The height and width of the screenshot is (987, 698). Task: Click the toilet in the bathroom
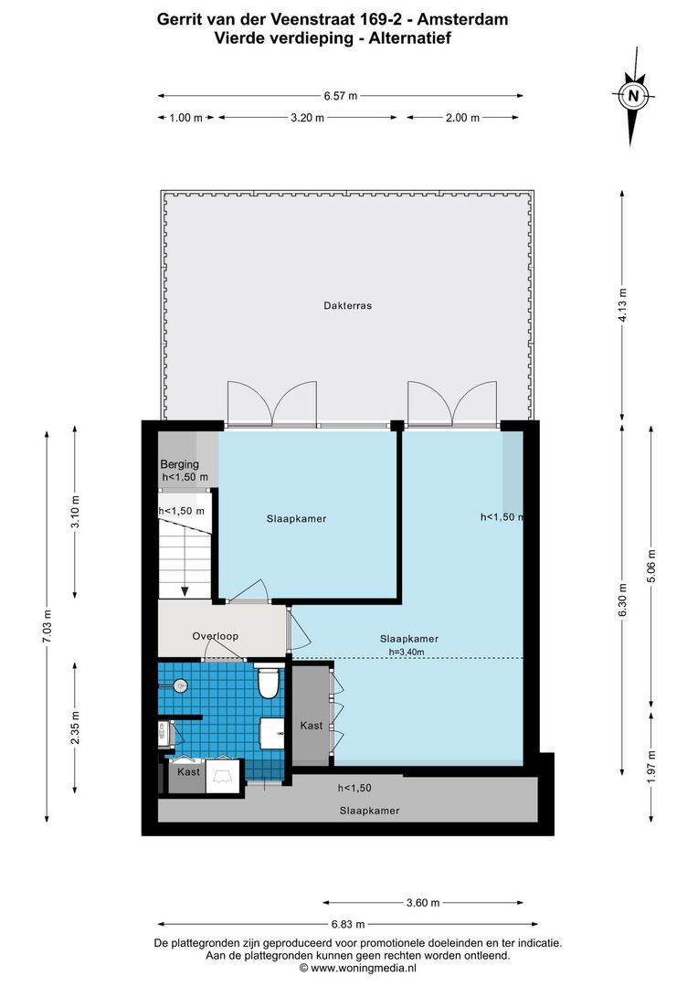(268, 682)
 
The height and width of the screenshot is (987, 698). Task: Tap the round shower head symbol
(180, 684)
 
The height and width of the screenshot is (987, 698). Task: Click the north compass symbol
(632, 95)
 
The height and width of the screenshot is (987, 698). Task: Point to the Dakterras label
(347, 306)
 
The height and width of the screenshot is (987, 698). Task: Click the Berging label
(179, 464)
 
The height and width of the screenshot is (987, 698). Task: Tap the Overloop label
(215, 636)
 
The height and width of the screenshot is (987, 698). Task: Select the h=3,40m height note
(407, 652)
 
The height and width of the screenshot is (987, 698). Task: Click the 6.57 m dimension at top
(340, 95)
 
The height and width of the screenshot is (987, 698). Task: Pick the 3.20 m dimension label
(307, 117)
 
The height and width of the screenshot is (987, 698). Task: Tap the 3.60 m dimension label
(422, 903)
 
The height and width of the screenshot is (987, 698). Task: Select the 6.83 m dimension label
(347, 923)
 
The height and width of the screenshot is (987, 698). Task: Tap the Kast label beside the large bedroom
(312, 726)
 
